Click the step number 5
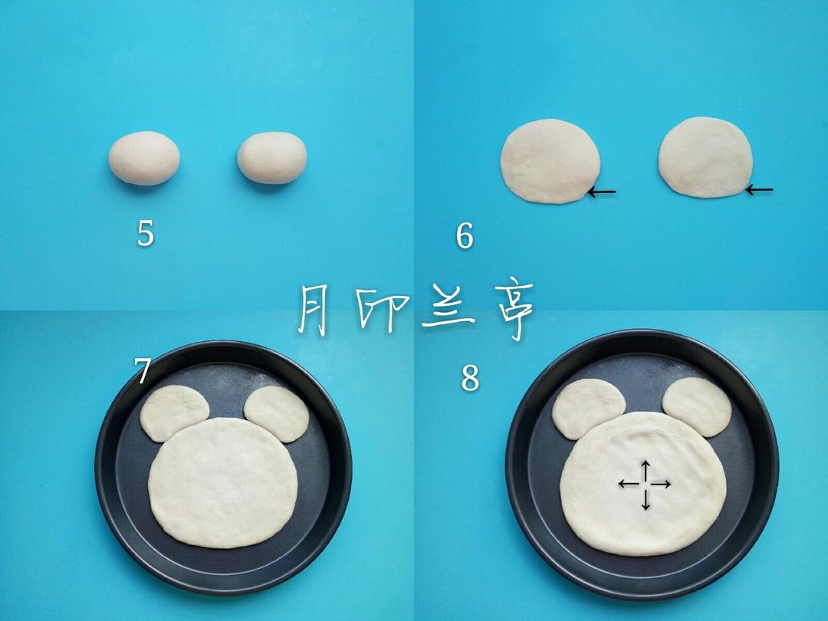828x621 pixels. [145, 233]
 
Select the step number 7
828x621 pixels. [142, 371]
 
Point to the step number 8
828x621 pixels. [470, 378]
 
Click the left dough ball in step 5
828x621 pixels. [144, 158]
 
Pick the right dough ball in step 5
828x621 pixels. [272, 157]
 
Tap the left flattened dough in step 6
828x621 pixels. [550, 161]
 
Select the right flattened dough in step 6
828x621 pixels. [705, 157]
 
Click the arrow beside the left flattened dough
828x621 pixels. [602, 192]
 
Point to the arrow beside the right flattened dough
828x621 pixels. [759, 189]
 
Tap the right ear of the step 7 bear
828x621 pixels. [277, 414]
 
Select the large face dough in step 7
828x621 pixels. [223, 483]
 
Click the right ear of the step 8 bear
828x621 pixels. [697, 406]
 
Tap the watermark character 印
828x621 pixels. [381, 310]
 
